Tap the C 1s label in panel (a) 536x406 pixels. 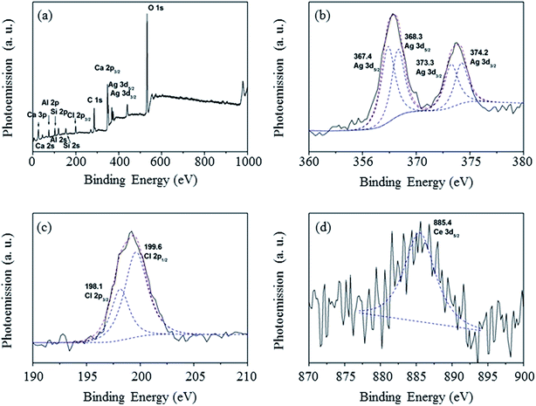coord(94,100)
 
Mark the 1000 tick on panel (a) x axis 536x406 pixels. coord(247,161)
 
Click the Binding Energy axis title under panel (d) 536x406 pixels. coord(416,392)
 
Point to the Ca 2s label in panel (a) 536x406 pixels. coord(40,148)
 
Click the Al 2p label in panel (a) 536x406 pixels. coord(51,103)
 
